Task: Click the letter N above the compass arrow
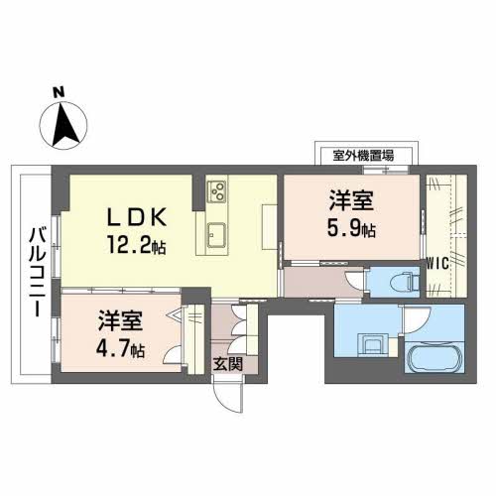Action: click(59, 94)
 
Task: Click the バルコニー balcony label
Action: click(35, 271)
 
